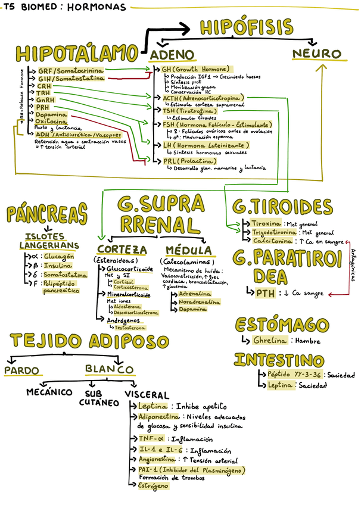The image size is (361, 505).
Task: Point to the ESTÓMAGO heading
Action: (282, 325)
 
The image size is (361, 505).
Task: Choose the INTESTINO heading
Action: (279, 360)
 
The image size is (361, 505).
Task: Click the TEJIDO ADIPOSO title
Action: (89, 341)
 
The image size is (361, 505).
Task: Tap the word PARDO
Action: (21, 370)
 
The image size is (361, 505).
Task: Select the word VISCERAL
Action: (147, 395)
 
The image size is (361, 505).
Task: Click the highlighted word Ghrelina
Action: (270, 341)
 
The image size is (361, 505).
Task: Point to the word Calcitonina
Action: (272, 241)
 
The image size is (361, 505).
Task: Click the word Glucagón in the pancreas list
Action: (58, 257)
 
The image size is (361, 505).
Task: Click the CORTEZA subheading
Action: (122, 249)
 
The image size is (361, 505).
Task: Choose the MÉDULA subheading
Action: (188, 250)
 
